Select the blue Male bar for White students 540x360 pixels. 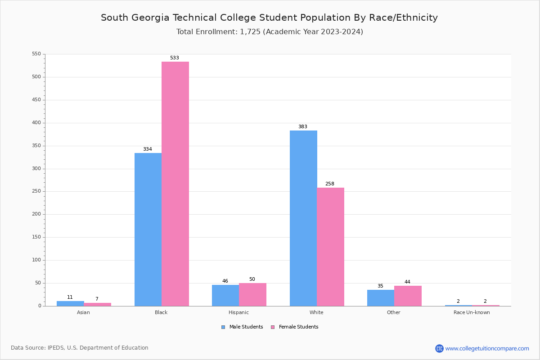tap(303, 218)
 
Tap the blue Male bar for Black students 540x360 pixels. tap(148, 229)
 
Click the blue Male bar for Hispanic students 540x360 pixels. tap(225, 295)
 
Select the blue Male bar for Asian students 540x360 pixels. tap(70, 303)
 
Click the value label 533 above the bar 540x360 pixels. tap(175, 58)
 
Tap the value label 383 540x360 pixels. tap(303, 127)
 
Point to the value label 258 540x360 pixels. tap(330, 184)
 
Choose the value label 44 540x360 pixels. tap(407, 282)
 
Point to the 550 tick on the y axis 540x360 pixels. tap(36, 54)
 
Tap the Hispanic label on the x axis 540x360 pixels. tap(238, 313)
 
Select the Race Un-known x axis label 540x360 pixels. tap(472, 313)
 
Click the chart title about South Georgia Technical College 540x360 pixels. tap(269, 18)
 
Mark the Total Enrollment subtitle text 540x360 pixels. tap(270, 32)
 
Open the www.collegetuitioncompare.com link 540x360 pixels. tap(487, 349)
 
